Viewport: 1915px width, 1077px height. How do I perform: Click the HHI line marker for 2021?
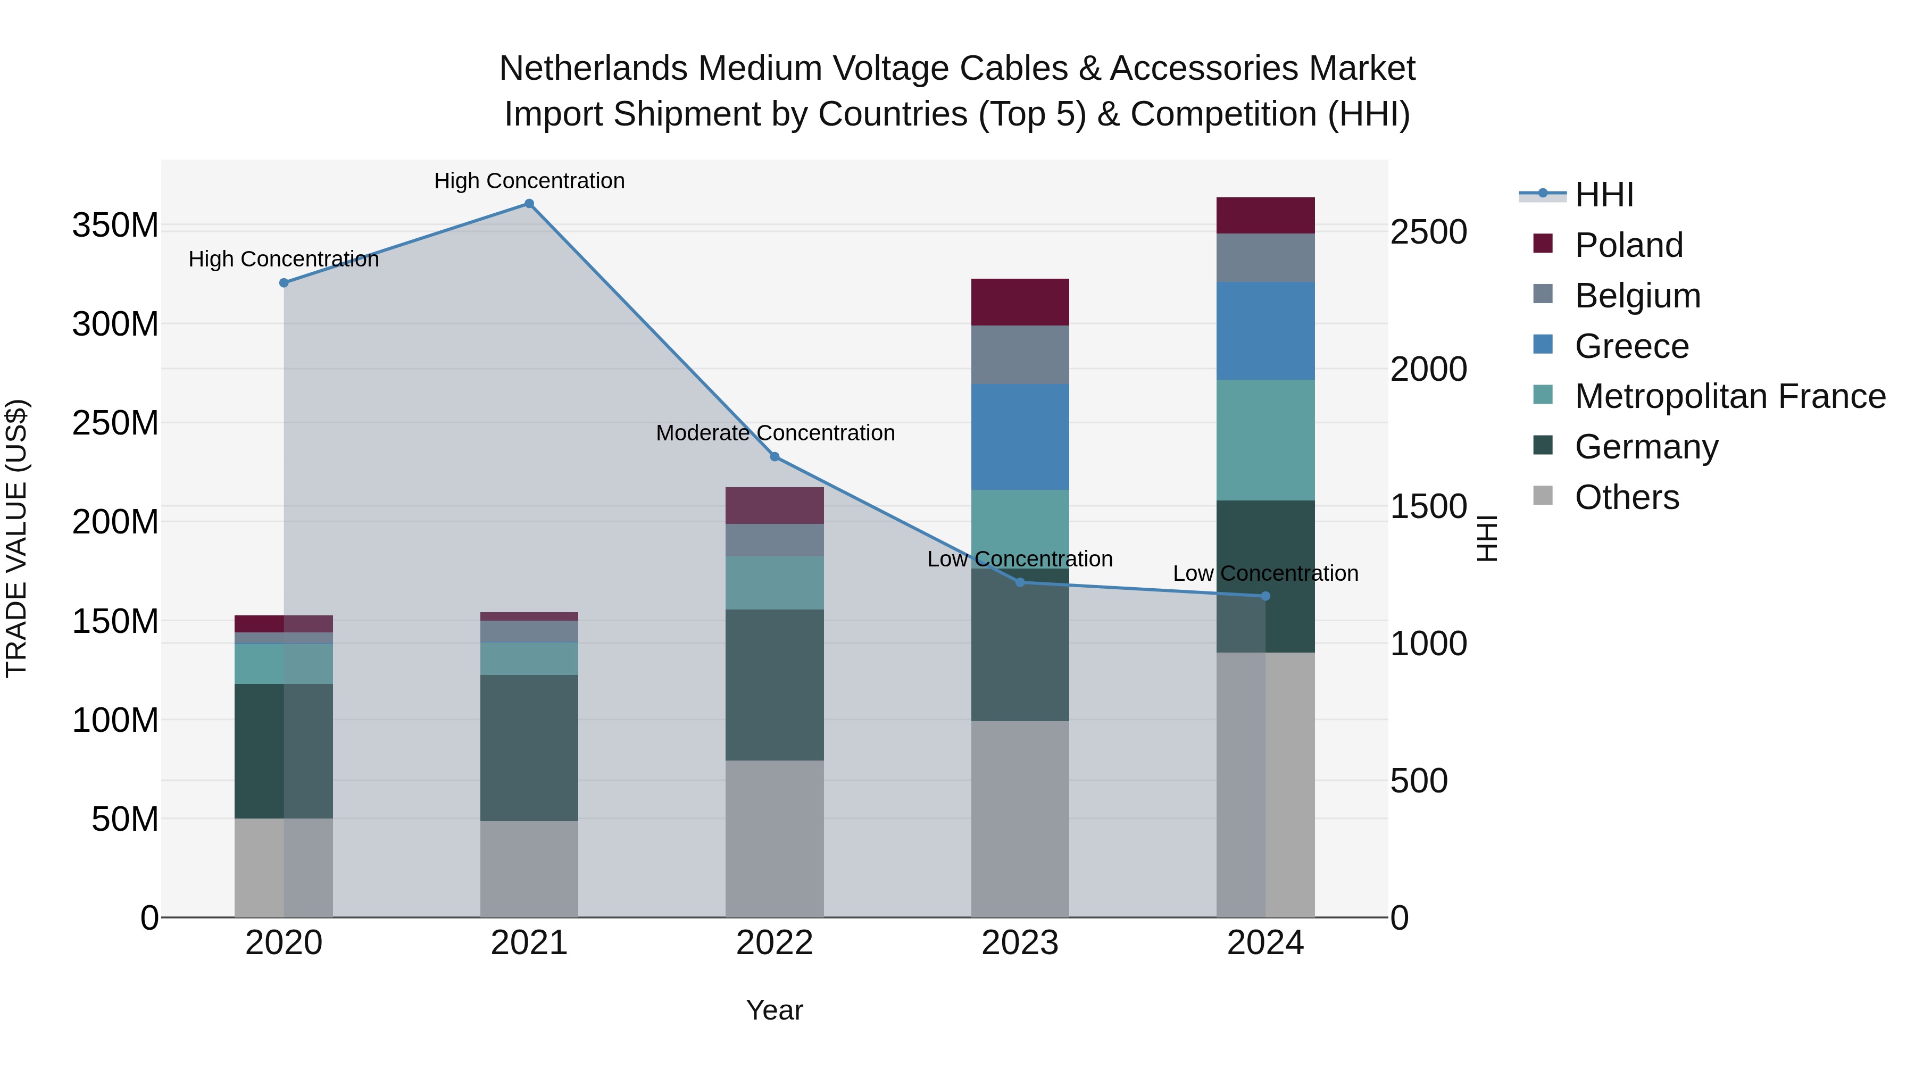click(x=529, y=204)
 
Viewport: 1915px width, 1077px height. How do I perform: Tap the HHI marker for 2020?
click(x=284, y=283)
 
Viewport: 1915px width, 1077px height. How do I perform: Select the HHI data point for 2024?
click(x=1266, y=596)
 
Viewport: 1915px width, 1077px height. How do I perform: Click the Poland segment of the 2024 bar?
click(x=1265, y=215)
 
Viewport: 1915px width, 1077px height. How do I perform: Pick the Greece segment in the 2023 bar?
click(x=1020, y=437)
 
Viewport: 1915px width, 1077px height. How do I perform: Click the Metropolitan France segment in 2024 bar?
click(x=1265, y=440)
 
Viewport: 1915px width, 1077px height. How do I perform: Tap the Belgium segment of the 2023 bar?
click(x=1020, y=355)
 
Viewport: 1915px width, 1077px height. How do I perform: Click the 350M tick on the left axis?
click(x=115, y=225)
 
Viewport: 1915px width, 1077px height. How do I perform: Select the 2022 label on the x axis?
click(x=775, y=943)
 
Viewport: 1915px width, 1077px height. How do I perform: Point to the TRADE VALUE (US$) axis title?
click(x=16, y=538)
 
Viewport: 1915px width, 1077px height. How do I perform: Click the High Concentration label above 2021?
click(x=529, y=181)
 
